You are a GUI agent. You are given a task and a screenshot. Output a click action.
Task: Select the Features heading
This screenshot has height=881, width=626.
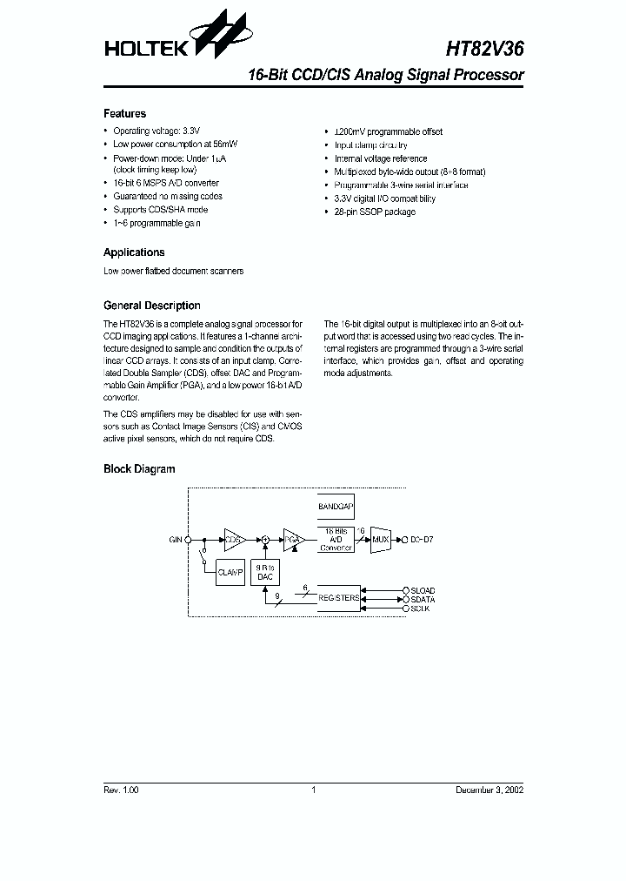click(x=124, y=114)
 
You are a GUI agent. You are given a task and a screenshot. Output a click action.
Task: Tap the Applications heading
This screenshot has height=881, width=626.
click(x=134, y=252)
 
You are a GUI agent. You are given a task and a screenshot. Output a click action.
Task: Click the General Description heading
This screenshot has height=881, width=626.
click(x=151, y=306)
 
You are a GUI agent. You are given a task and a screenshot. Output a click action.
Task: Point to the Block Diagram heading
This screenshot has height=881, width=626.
click(x=139, y=469)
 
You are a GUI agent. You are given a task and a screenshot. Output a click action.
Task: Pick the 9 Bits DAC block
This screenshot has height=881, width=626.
click(x=265, y=571)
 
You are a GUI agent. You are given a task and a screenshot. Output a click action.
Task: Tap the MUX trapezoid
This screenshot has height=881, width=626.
click(x=381, y=540)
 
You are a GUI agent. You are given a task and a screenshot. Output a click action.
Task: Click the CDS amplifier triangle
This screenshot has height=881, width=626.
click(x=234, y=540)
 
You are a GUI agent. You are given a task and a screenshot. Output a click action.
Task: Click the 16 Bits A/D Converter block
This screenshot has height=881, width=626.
click(x=335, y=540)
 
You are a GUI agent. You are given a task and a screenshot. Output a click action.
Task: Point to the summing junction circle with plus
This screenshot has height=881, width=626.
click(x=265, y=540)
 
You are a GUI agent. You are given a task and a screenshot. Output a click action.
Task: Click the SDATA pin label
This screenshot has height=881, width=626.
click(x=423, y=600)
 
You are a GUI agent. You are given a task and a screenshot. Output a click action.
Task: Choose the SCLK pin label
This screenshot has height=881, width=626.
click(x=421, y=609)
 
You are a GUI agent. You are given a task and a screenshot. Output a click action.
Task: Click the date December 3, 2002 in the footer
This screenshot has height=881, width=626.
click(x=489, y=790)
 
